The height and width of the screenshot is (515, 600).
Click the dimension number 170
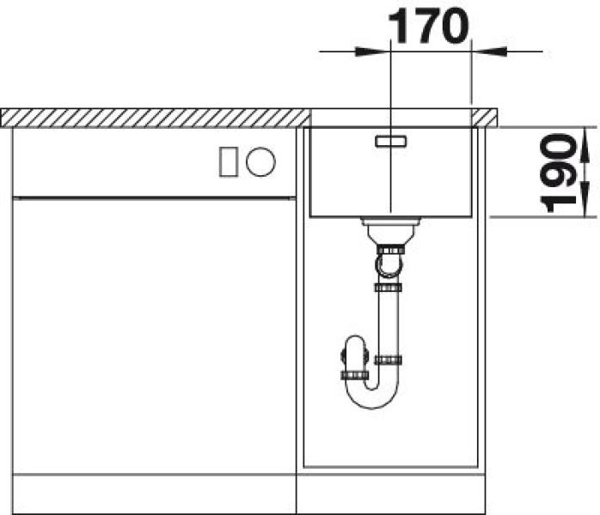tap(429, 26)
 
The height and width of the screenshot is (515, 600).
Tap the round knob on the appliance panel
tap(260, 161)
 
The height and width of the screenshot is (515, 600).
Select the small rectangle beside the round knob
tap(229, 162)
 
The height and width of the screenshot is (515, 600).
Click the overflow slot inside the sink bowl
tap(391, 141)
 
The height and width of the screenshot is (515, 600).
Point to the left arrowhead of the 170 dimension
tap(370, 51)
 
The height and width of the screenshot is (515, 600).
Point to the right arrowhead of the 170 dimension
tap(491, 51)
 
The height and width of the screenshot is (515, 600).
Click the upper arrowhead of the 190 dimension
tap(585, 146)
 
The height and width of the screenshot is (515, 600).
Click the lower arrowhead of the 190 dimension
tap(585, 199)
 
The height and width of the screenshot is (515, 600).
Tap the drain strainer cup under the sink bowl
tap(390, 230)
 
